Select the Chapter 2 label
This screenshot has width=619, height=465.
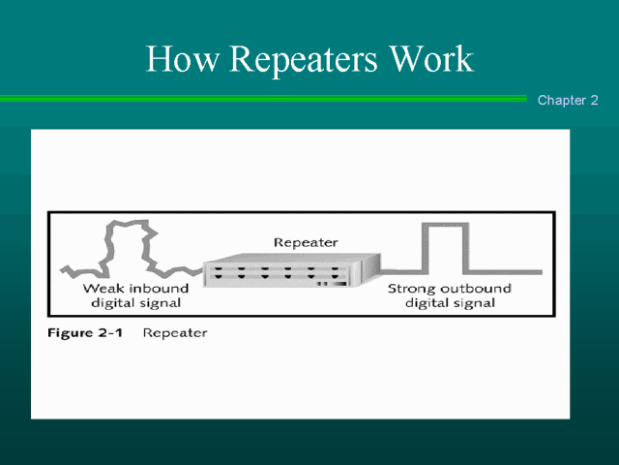coord(568,101)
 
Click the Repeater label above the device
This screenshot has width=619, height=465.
coord(306,243)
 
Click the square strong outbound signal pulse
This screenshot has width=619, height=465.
coord(442,247)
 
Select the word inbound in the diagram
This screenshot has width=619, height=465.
coord(160,289)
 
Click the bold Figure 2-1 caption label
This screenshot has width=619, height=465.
coord(87,333)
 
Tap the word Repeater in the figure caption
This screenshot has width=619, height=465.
coord(175,333)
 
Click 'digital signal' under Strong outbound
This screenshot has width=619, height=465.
coord(450,303)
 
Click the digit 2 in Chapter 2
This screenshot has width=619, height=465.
coord(594,101)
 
